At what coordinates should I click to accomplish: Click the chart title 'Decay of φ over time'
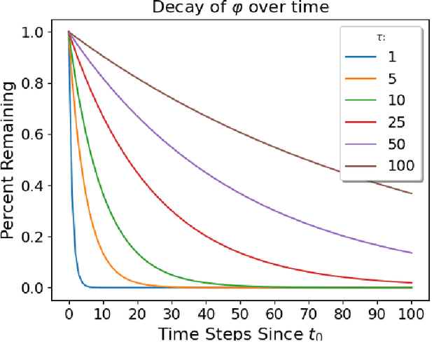click(240, 8)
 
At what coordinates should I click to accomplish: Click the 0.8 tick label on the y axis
click(34, 83)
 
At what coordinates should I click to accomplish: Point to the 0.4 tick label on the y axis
click(34, 186)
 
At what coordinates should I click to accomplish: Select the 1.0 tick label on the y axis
click(34, 33)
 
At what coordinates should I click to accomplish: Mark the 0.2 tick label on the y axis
click(34, 237)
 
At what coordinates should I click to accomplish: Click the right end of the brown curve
click(412, 193)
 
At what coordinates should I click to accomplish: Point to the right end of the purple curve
click(412, 253)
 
